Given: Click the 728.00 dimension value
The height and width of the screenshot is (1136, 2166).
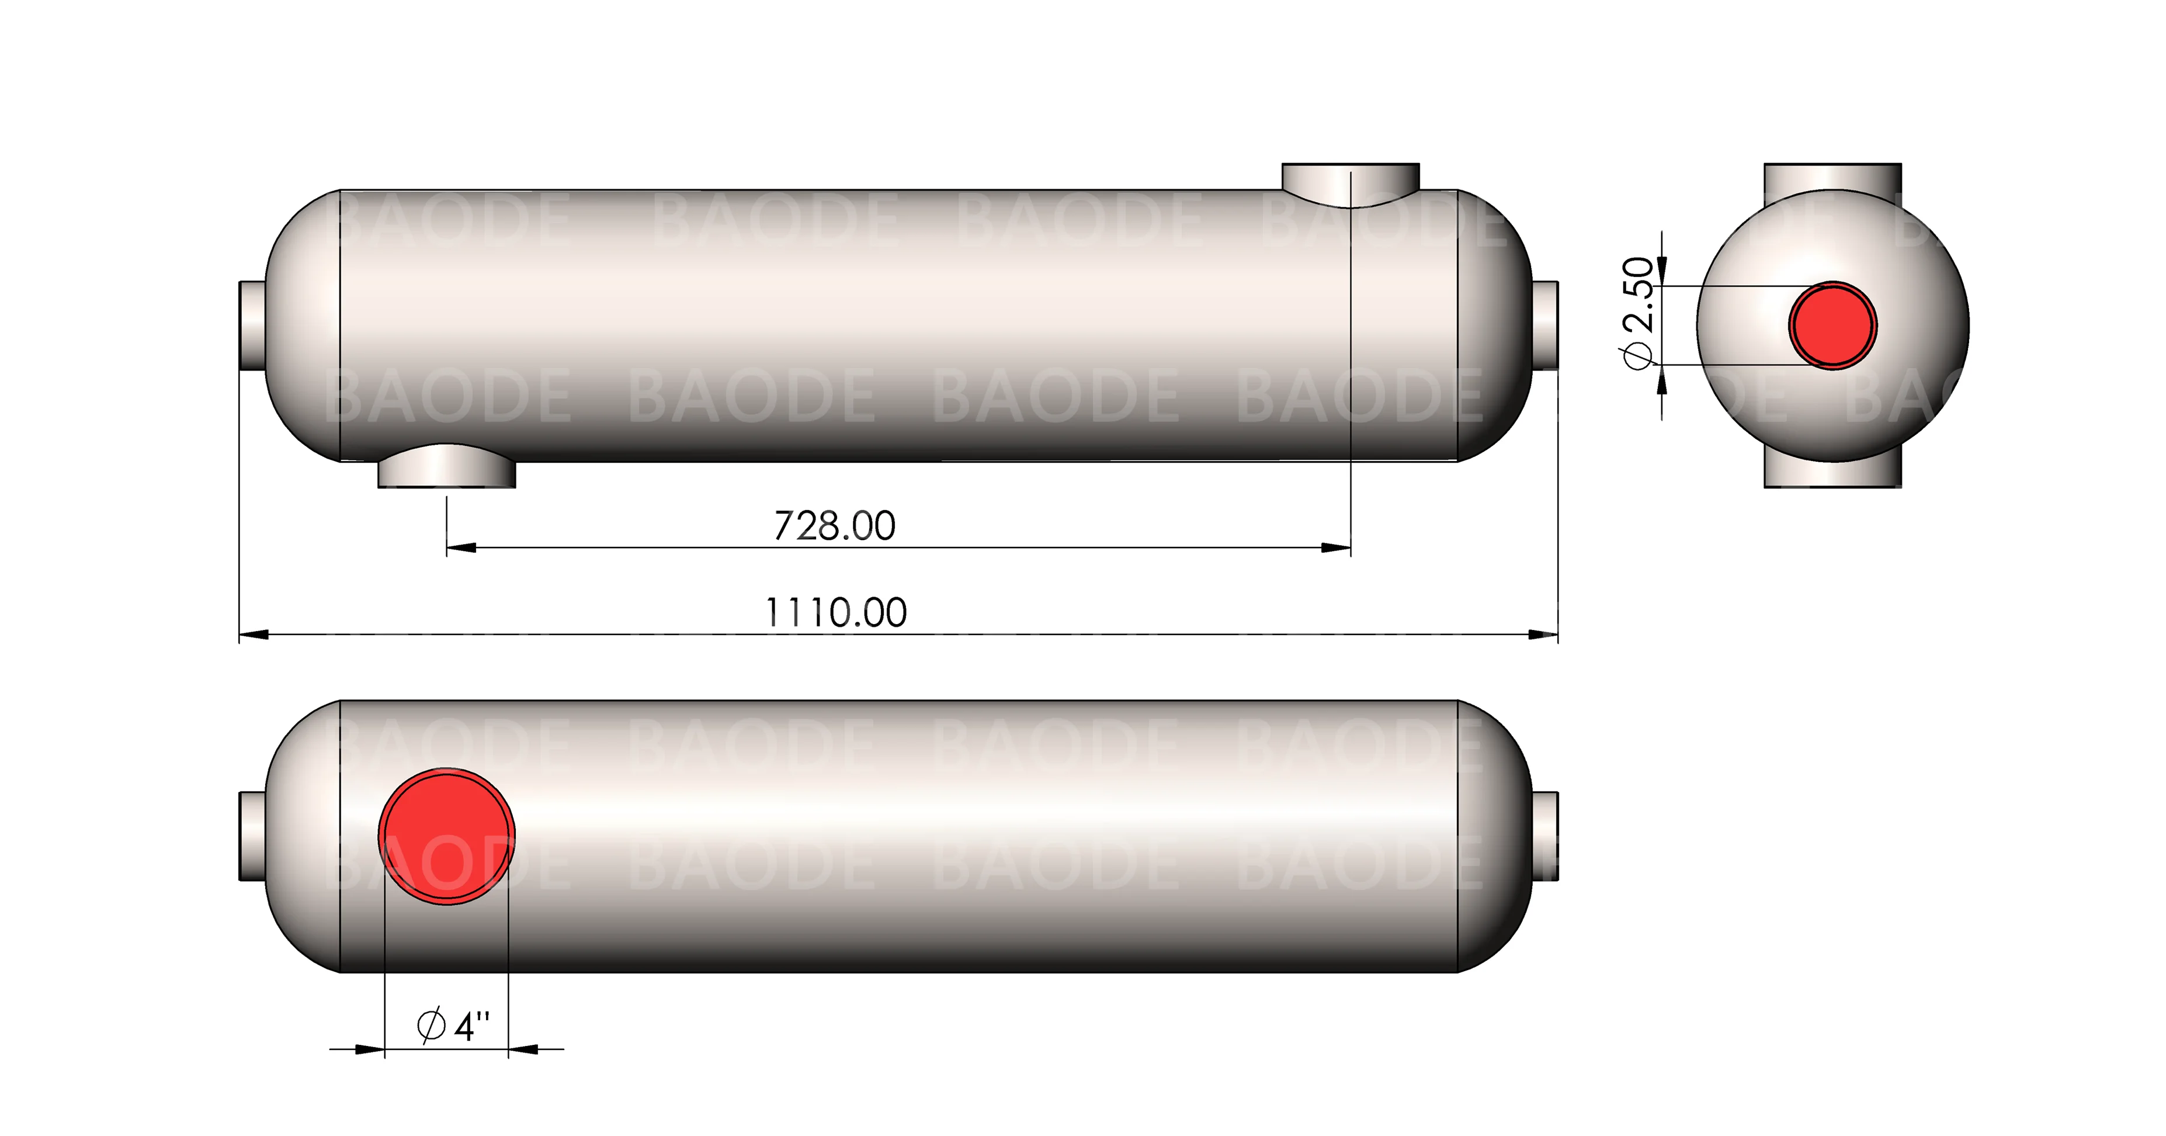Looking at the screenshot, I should (x=834, y=527).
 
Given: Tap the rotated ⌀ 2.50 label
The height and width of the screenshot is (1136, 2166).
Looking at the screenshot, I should (x=1639, y=313).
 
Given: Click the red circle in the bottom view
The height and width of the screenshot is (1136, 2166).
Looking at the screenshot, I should (x=446, y=836).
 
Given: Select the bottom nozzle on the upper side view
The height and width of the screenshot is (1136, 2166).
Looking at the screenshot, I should (x=446, y=471).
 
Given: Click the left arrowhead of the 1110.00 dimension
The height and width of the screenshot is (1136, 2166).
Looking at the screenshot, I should (x=254, y=634).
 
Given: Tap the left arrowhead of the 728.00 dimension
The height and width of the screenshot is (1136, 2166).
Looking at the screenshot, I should (x=461, y=548).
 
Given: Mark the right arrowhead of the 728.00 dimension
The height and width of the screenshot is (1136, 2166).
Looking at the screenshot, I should (x=1336, y=548).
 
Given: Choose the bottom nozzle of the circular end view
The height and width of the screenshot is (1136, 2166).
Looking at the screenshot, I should (x=1832, y=475).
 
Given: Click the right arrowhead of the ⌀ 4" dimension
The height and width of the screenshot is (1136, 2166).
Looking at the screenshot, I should (x=523, y=1048).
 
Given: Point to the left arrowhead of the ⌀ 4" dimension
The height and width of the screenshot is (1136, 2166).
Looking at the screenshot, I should (x=370, y=1048).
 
